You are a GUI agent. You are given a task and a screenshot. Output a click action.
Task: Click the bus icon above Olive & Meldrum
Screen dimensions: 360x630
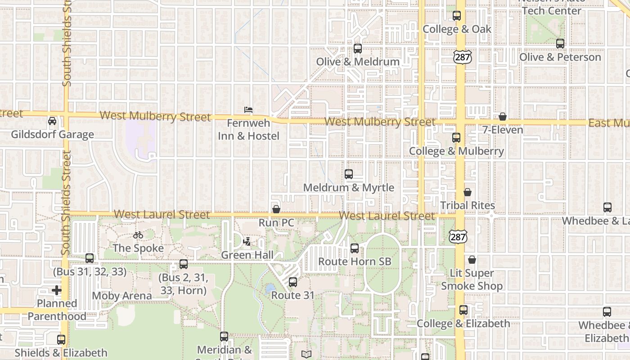[358, 49]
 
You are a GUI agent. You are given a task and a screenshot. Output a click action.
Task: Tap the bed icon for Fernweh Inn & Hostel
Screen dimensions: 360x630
[248, 109]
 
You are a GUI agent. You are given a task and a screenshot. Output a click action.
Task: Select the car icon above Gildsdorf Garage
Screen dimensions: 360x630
[52, 121]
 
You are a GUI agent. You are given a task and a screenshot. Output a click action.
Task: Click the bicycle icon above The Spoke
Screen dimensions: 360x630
[138, 235]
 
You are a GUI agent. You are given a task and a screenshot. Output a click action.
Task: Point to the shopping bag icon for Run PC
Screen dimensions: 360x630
[276, 209]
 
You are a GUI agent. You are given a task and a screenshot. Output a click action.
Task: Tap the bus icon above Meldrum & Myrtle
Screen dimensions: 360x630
[349, 174]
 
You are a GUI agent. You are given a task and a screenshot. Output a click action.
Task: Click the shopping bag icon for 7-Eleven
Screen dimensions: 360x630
[503, 117]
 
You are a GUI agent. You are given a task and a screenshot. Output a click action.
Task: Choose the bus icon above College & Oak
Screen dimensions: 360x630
[457, 16]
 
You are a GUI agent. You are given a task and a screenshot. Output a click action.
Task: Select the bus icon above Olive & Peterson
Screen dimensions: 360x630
[560, 44]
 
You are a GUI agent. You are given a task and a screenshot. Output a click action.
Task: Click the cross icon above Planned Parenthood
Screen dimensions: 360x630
[57, 290]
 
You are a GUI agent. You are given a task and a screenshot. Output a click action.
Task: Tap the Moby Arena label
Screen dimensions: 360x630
[121, 296]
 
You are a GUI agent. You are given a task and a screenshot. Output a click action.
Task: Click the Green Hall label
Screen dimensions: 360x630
[247, 255]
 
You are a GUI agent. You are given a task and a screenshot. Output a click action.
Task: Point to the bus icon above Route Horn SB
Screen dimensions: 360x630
[355, 248]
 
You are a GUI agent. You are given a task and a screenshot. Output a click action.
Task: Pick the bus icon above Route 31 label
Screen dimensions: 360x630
[293, 282]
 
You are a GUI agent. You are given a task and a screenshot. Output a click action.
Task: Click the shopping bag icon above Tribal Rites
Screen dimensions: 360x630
[468, 192]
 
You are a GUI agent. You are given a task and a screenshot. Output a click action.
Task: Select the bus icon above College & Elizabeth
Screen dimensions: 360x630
[463, 310]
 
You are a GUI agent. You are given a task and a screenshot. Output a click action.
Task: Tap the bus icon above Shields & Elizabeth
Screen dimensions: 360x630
[61, 340]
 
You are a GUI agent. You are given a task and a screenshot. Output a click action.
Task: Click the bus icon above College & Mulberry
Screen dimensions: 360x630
[456, 138]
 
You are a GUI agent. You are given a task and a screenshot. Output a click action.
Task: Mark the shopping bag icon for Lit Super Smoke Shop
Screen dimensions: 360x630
[472, 260]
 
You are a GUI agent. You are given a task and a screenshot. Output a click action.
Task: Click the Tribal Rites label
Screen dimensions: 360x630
[468, 206]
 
